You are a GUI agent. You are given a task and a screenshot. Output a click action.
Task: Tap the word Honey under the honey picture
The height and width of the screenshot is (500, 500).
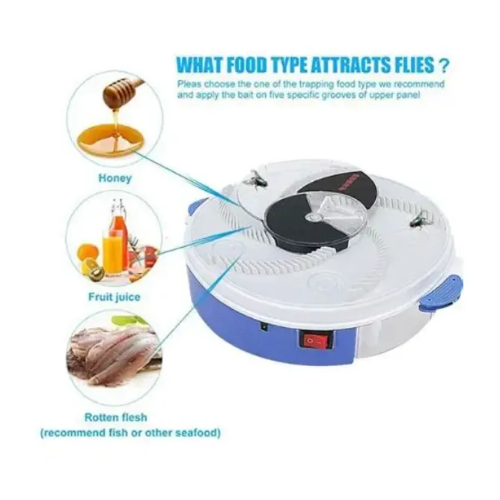[115, 178]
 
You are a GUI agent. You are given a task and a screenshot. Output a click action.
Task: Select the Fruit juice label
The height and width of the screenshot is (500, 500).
[115, 297]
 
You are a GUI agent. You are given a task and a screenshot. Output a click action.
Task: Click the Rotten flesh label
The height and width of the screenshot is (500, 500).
[116, 417]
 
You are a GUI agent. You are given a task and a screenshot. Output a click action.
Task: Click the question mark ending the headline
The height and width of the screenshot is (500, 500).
[444, 66]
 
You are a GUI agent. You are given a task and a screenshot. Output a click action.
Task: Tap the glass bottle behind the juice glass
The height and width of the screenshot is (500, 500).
[117, 220]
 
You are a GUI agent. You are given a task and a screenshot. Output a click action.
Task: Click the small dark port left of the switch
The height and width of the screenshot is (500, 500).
[263, 327]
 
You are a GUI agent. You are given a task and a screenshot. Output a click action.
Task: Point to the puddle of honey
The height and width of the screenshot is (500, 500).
[110, 138]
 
